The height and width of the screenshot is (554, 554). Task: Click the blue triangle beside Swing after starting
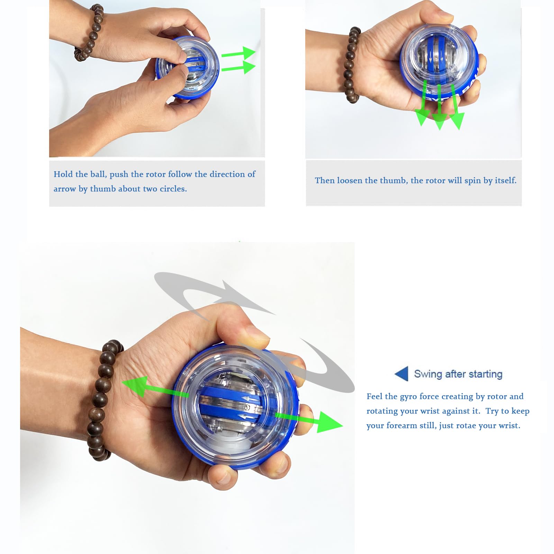(402, 374)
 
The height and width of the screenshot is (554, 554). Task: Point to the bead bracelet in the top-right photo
(353, 66)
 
